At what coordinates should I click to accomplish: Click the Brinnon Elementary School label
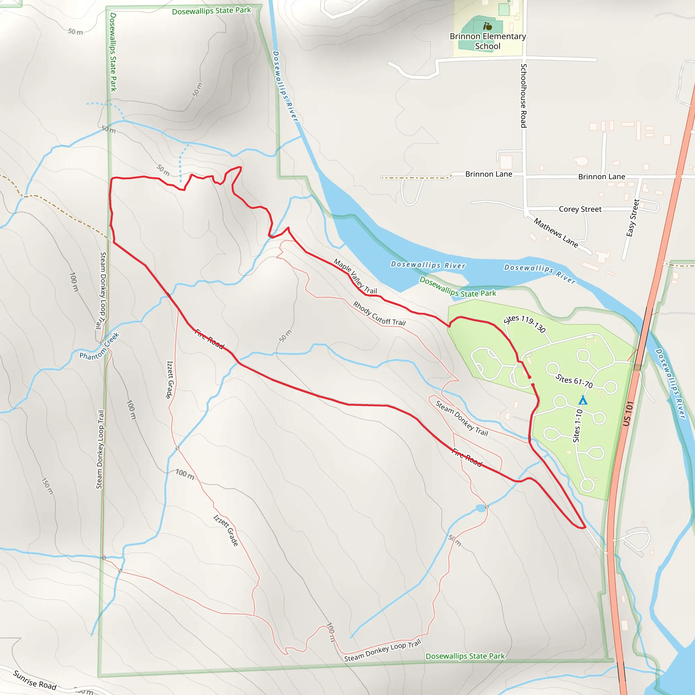487,41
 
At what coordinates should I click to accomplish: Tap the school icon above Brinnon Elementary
488,26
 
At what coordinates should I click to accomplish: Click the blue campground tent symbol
583,400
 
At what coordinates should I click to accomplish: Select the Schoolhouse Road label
524,95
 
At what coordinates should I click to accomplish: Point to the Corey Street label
580,209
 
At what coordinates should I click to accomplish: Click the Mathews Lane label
556,233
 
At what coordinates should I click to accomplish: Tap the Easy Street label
633,218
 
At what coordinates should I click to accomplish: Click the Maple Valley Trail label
355,276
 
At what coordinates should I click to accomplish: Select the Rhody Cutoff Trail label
379,314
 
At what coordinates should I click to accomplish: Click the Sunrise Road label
35,680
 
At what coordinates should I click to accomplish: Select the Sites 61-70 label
574,381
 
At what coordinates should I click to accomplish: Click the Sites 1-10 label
577,426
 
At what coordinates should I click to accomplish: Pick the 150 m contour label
48,486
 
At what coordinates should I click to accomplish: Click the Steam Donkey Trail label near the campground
462,418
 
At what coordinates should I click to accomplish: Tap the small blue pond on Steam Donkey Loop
481,508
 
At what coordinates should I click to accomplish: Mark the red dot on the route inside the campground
529,377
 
